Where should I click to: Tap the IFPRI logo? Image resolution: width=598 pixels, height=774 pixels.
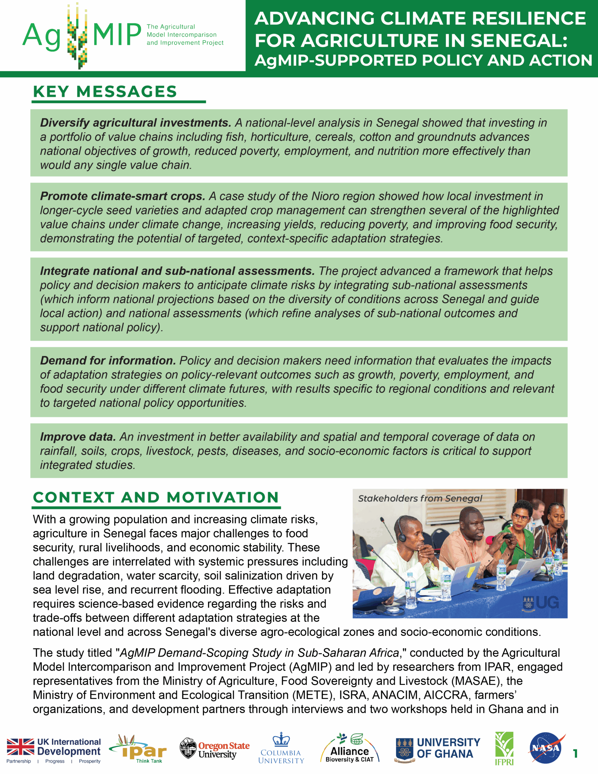[x=504, y=748]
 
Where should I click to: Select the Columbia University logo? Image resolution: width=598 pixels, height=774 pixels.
[x=281, y=748]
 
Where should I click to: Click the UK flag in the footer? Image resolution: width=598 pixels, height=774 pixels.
[x=21, y=747]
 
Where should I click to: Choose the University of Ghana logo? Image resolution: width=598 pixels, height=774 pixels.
[x=438, y=748]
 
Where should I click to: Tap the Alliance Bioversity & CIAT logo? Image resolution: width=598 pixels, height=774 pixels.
[x=349, y=748]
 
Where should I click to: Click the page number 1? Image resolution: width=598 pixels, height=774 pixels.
[x=575, y=753]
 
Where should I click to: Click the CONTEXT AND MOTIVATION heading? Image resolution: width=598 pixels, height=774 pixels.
[x=156, y=498]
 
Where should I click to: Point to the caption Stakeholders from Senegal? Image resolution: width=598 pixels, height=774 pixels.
[x=420, y=499]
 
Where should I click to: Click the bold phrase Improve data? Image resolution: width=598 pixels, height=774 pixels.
[x=78, y=437]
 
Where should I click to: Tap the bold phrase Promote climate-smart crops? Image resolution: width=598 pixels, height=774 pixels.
[x=123, y=196]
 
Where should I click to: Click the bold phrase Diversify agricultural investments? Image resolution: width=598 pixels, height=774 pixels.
[x=136, y=123]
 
